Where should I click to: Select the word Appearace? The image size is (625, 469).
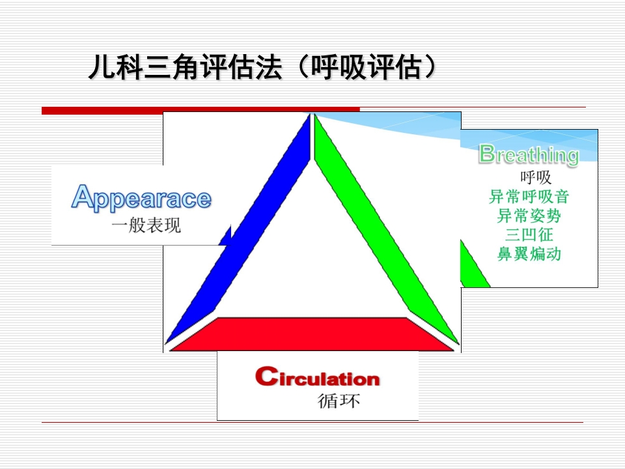pos(141,198)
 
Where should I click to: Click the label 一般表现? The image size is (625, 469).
pos(146,227)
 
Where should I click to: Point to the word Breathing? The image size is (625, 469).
pos(529,155)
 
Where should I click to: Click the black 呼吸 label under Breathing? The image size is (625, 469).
pos(535,177)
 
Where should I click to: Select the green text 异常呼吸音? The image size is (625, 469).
pos(529,196)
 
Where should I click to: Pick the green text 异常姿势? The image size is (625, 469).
pos(529,215)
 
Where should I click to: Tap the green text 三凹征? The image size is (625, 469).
pos(529,234)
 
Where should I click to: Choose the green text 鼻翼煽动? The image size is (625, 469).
pos(529,253)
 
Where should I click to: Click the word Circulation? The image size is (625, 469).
pos(317,377)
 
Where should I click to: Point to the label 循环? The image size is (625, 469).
pos(339,401)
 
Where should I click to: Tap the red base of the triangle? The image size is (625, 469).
pos(311,334)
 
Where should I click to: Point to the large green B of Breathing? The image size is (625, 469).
pos(486,154)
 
